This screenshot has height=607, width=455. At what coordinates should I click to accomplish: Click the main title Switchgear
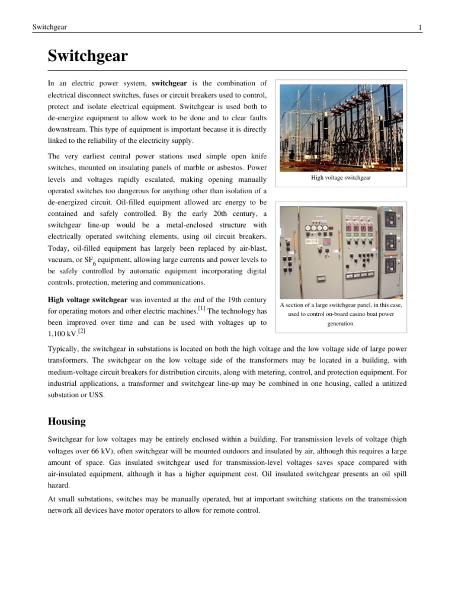point(87,57)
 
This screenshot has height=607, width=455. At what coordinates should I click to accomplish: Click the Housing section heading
point(66,421)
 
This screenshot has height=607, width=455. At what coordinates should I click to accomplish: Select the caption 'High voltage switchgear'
point(341,177)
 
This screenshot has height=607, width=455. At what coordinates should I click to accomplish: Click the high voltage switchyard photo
point(341,126)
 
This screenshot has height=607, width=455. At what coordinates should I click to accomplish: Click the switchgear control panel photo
point(341,252)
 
